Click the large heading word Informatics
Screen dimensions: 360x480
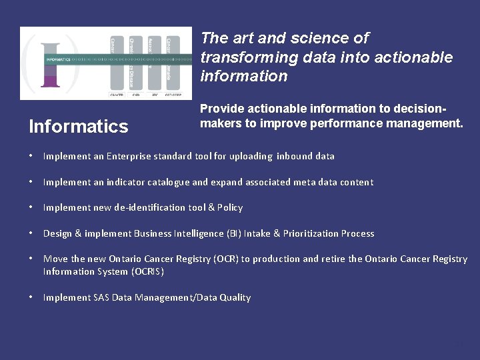tap(79, 127)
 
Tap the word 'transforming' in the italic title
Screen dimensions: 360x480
tap(243, 57)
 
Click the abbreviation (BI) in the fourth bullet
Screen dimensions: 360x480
tap(233, 233)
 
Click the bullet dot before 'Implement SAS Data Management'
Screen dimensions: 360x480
tap(31, 297)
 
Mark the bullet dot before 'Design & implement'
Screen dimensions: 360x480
tap(31, 233)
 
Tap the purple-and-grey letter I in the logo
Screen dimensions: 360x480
tap(49, 65)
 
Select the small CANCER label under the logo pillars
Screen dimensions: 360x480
tap(117, 95)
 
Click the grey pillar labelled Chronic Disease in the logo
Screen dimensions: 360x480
tap(135, 63)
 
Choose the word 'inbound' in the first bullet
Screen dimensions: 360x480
tap(294, 156)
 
